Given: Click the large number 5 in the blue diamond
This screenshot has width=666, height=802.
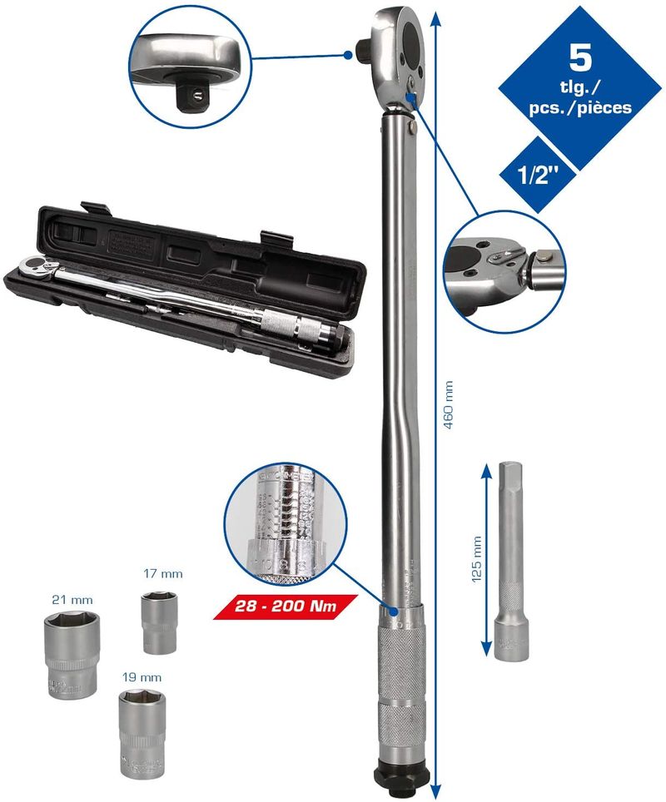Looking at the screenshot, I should (x=580, y=58).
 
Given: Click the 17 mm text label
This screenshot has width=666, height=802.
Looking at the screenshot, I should (x=162, y=574).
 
